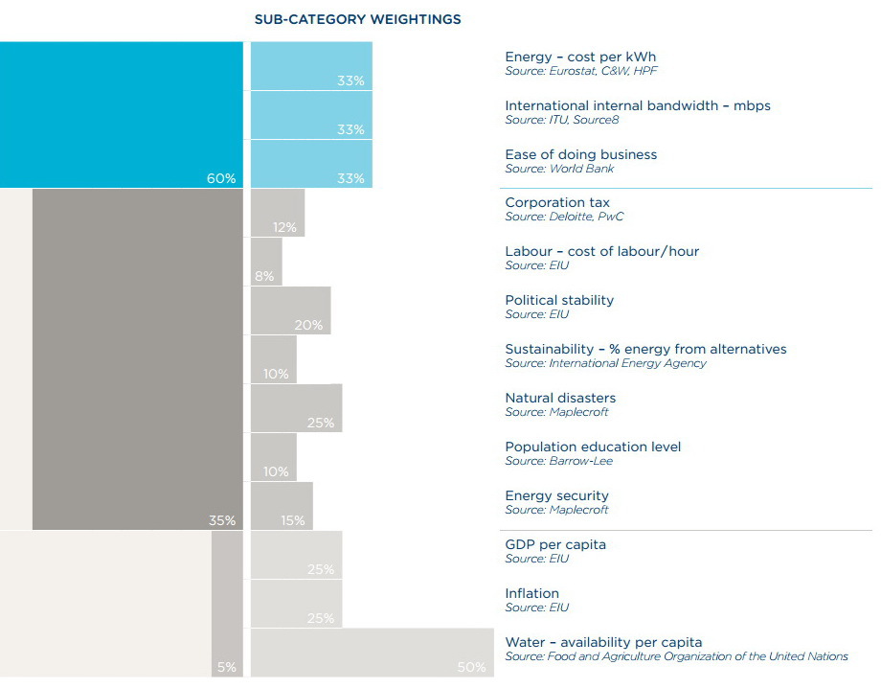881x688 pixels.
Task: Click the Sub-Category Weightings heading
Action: point(357,19)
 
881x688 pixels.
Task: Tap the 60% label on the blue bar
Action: point(221,178)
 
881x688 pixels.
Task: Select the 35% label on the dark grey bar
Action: point(222,520)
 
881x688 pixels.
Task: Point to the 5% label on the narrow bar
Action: point(227,667)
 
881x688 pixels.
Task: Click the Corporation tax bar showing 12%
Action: point(278,213)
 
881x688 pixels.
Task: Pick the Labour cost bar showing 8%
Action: point(266,262)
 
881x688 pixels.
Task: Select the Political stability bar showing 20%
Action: point(290,310)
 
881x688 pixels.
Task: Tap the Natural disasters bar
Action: point(296,408)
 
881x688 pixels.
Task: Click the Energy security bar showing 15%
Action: point(282,506)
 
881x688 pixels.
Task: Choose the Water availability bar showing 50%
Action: point(372,653)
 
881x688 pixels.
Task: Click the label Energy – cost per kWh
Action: point(580,57)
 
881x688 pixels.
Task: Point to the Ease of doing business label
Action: point(580,154)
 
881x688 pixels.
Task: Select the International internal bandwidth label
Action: point(637,105)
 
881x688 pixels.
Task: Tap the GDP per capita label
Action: point(555,544)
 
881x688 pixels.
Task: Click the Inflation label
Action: point(531,593)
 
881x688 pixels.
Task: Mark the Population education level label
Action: point(593,447)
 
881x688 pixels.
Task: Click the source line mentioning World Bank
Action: point(559,169)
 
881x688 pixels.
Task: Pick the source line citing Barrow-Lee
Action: point(558,461)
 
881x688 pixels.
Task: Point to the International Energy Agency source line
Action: point(605,363)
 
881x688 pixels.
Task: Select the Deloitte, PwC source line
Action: point(564,217)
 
